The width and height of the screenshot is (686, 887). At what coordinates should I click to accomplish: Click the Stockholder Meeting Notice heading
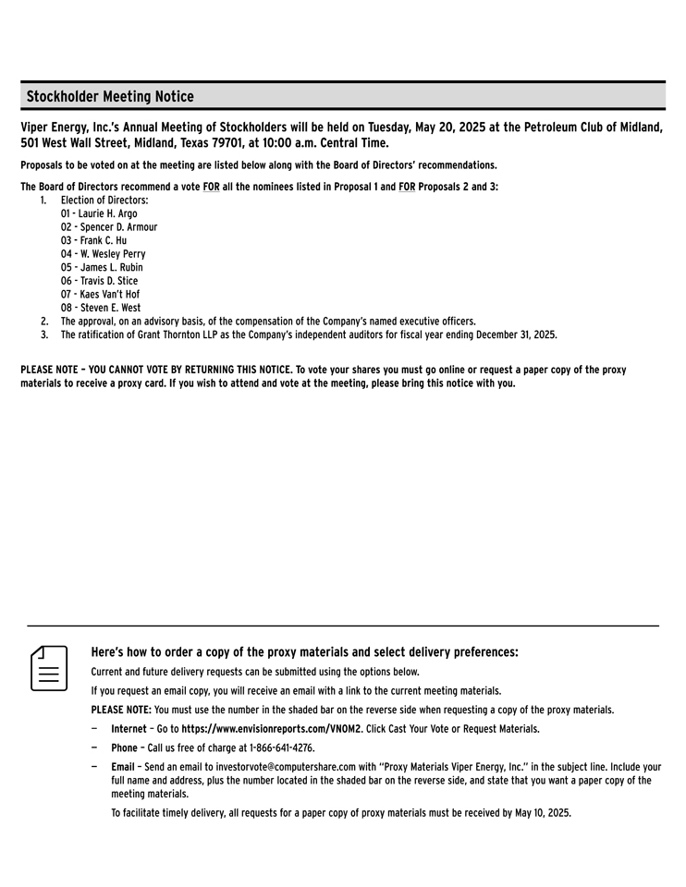point(110,96)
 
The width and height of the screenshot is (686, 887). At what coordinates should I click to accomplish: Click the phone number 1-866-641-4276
point(275,748)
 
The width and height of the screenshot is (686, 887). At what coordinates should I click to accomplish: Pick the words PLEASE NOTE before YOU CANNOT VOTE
point(48,370)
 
